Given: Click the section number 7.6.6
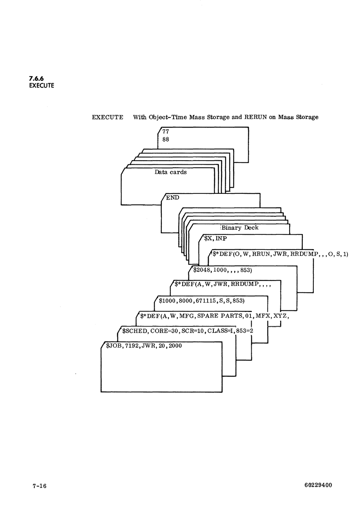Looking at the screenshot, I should click(36, 79).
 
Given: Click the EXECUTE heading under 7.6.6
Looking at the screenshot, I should click(41, 86).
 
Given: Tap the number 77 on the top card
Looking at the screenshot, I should click(166, 132).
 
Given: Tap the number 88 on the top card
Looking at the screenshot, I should click(166, 139).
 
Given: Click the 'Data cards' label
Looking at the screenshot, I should click(171, 172).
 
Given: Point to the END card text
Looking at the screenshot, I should click(172, 198).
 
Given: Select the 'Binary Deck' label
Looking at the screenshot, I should click(240, 228).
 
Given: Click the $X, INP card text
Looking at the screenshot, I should click(215, 239).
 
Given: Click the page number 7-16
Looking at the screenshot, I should click(39, 486).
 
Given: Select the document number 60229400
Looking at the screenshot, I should click(318, 485).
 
